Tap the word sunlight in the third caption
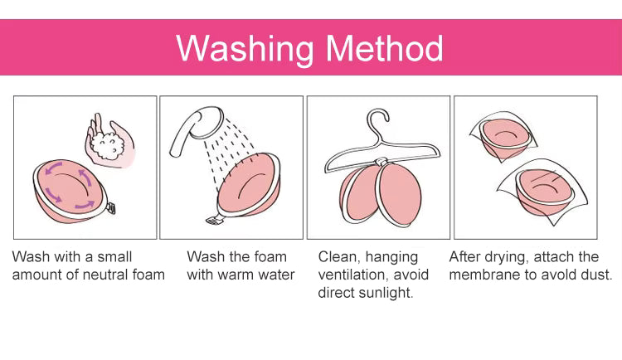[x=388, y=293]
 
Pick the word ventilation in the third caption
[x=353, y=275]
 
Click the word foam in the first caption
[x=149, y=275]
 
